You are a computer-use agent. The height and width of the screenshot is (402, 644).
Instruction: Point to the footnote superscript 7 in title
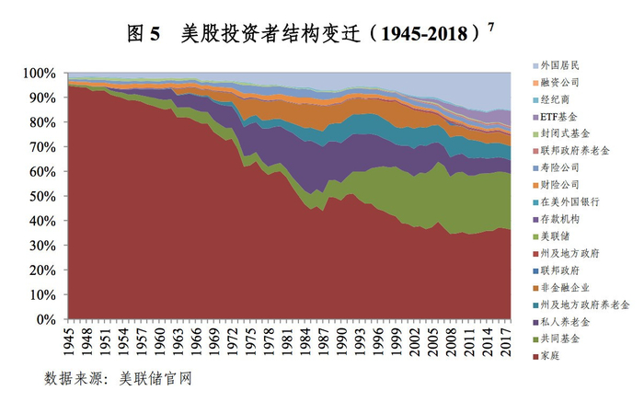491,26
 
